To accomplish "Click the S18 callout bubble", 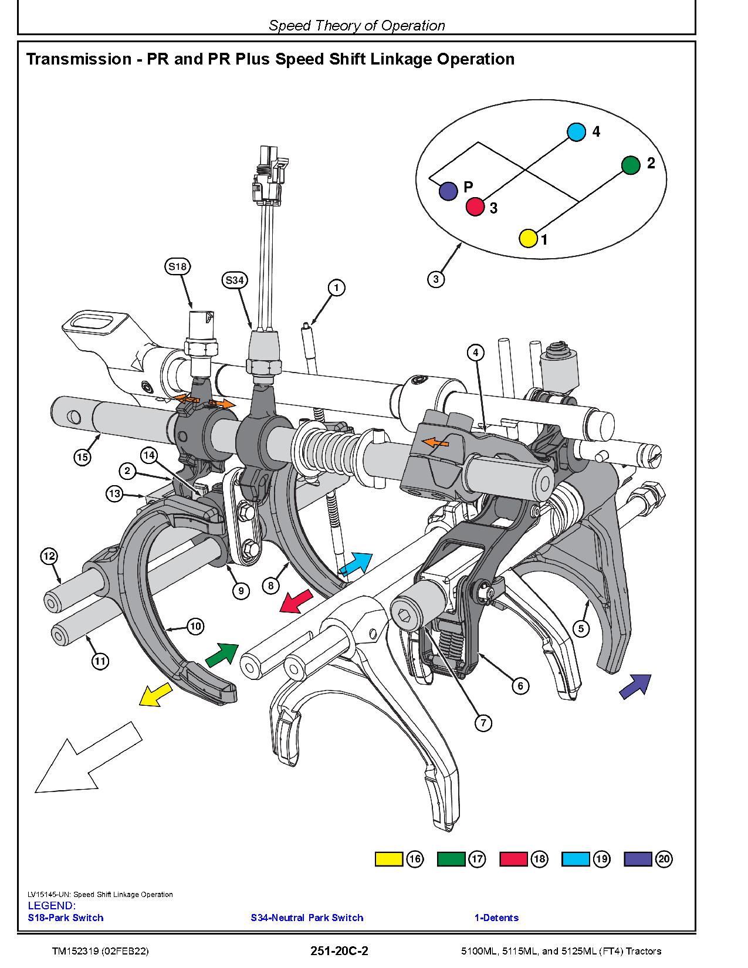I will point(177,267).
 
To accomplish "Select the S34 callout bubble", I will point(234,280).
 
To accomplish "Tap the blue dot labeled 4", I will point(577,132).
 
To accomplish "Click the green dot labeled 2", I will point(631,165).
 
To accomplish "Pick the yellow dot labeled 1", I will point(528,238).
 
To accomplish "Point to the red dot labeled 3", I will point(475,207).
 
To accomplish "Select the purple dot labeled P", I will point(448,191).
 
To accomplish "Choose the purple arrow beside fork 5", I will point(635,686).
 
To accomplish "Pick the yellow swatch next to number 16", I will point(389,859).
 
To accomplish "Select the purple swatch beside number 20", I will point(638,859).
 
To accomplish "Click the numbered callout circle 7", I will point(483,723).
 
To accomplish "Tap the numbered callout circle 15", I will point(83,456).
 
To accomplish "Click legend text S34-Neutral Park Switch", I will point(307,918).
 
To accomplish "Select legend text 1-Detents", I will point(496,918).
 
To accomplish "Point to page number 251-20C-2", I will point(340,951).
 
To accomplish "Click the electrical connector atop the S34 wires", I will point(269,170).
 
